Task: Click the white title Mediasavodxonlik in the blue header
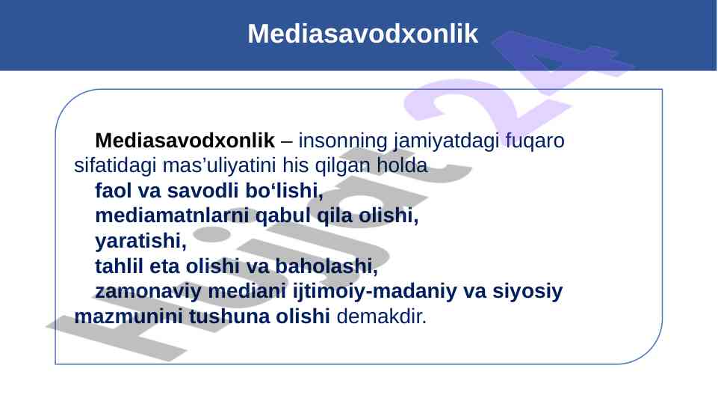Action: click(362, 34)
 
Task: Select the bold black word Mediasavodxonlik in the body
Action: click(185, 141)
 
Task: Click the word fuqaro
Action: click(535, 141)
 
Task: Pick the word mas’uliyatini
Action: click(220, 166)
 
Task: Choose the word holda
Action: click(402, 165)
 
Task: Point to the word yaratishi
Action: click(140, 241)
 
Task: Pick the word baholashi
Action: click(326, 266)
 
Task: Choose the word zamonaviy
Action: click(148, 292)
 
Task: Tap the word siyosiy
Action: click(527, 292)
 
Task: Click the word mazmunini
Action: click(129, 316)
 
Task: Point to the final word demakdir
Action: click(382, 316)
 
